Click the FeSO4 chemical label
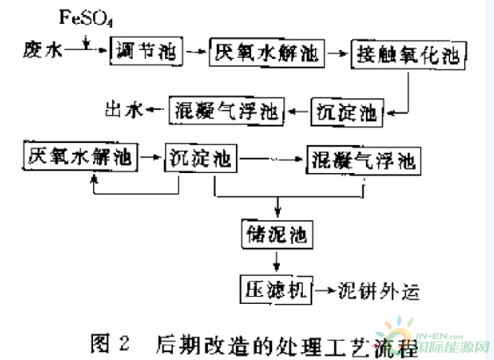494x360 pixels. tap(86, 18)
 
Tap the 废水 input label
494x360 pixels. tap(42, 50)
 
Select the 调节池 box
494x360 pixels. tap(147, 51)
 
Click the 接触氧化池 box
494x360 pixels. tap(409, 54)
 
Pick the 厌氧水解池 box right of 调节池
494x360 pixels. tap(267, 53)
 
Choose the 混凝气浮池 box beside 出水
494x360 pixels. tap(226, 111)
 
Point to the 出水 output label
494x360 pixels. tap(124, 110)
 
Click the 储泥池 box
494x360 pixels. tap(277, 234)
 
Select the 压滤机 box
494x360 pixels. tap(276, 290)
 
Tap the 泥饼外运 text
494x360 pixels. tap(379, 291)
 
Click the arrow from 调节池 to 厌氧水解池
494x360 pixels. tap(196, 51)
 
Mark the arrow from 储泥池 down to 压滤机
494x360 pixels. tap(276, 261)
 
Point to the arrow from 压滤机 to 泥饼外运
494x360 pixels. tap(325, 290)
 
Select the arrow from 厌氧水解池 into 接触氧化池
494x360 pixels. tap(338, 53)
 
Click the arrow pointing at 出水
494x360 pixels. tap(155, 110)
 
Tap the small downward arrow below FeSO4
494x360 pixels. tap(86, 42)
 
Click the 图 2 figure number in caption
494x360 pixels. tap(110, 343)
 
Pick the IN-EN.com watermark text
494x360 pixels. tap(440, 336)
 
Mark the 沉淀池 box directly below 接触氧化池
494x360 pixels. tap(347, 112)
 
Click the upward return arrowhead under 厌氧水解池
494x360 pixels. tap(94, 179)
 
